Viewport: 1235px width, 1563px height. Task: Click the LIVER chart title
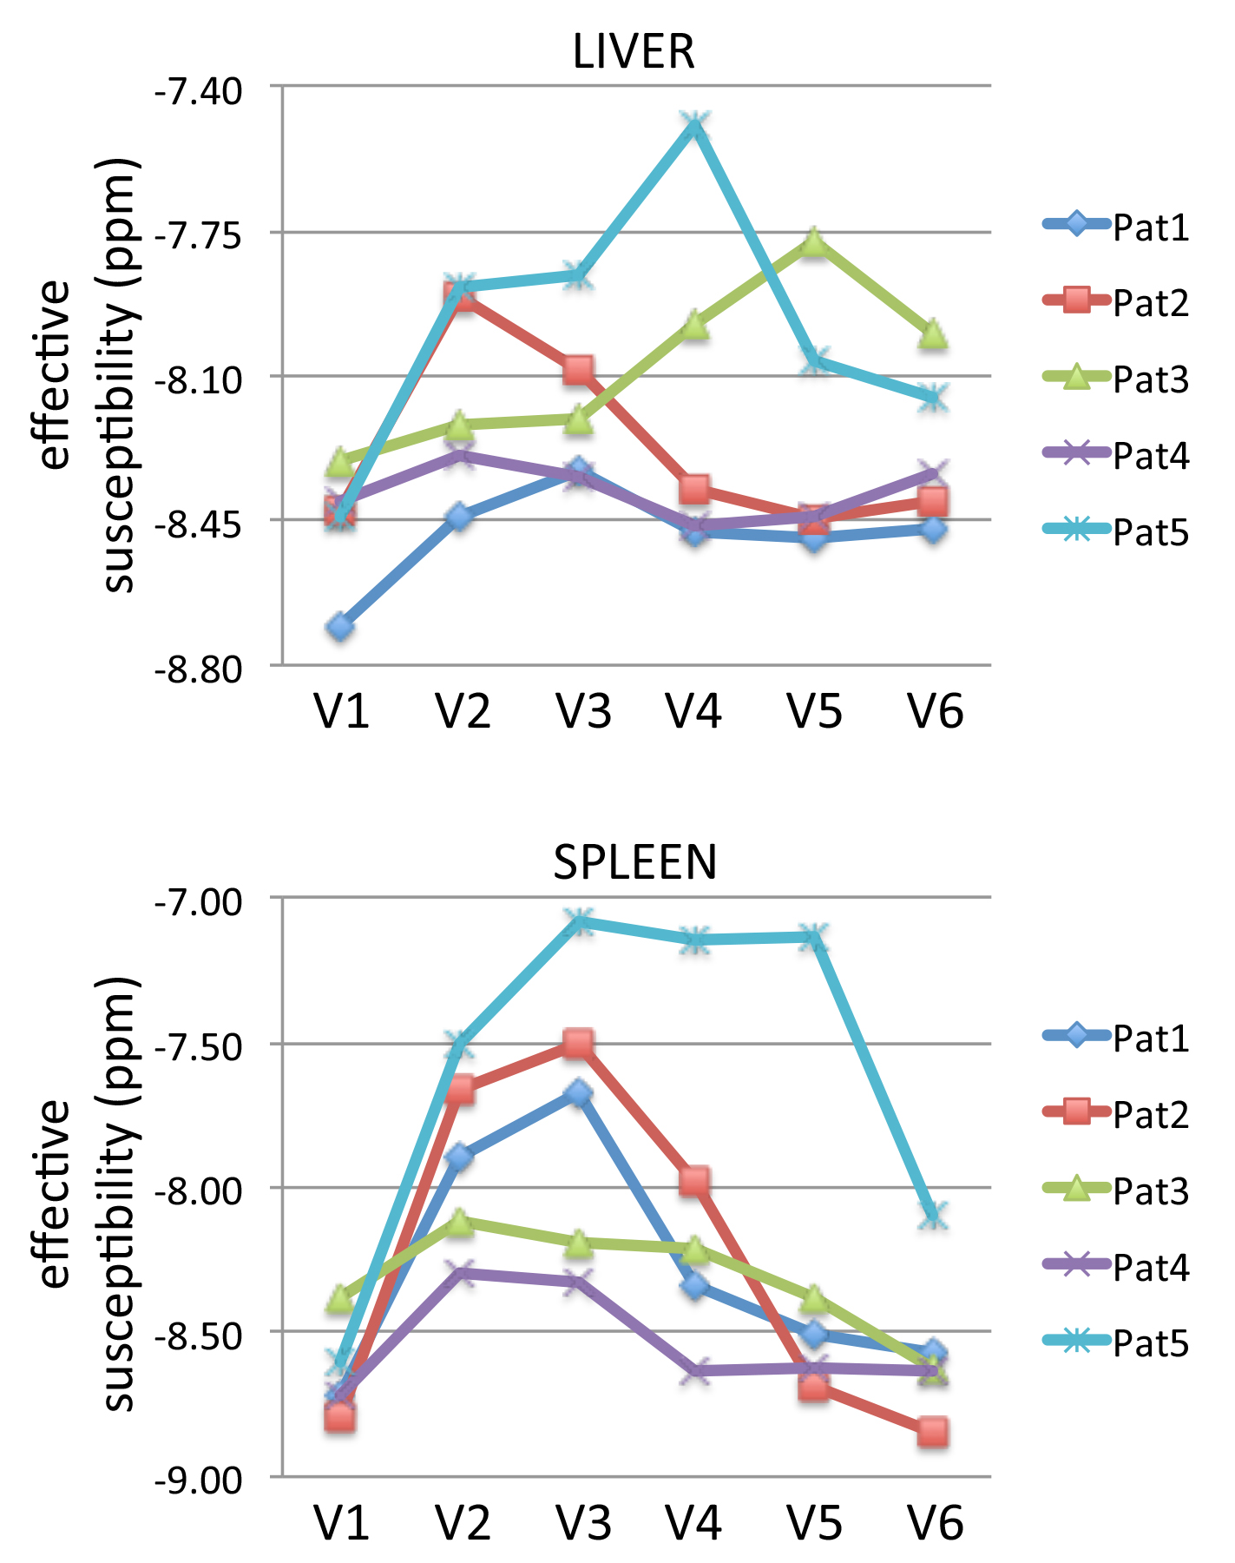(x=634, y=52)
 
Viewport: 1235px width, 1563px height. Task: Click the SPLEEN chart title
(x=635, y=862)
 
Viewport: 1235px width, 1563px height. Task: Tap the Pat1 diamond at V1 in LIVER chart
(x=340, y=626)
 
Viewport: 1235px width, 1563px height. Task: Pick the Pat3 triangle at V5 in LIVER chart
(x=813, y=242)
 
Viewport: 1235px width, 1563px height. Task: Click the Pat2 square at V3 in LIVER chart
(x=578, y=370)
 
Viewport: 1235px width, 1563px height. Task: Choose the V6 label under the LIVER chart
(x=936, y=713)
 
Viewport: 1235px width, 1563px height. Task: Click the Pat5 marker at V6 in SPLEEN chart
(x=933, y=1216)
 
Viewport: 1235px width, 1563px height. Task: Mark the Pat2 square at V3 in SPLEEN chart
(x=578, y=1042)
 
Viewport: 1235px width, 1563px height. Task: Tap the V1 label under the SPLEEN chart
(x=342, y=1523)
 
